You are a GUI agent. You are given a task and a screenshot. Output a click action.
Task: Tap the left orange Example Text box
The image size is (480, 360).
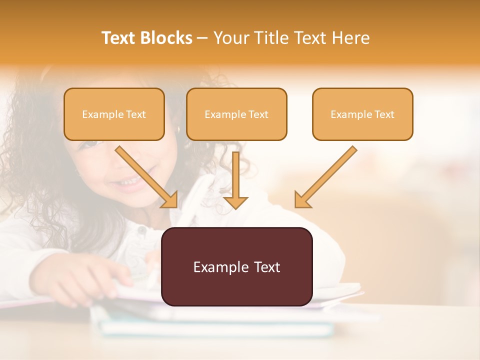click(x=114, y=114)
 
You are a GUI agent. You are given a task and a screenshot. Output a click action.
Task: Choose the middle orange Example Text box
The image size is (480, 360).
click(x=236, y=114)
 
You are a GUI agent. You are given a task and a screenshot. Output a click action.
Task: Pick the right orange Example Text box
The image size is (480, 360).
click(x=362, y=114)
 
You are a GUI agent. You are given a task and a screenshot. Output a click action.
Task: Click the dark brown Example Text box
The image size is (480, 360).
click(x=236, y=266)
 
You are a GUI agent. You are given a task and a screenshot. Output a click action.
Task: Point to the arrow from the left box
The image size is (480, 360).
click(x=146, y=176)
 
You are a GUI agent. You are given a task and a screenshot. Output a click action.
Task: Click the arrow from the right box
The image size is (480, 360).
click(x=325, y=177)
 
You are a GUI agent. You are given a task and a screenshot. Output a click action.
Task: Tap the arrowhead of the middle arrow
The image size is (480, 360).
click(x=235, y=202)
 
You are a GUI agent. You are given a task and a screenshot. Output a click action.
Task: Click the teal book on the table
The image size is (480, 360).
click(x=215, y=327)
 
